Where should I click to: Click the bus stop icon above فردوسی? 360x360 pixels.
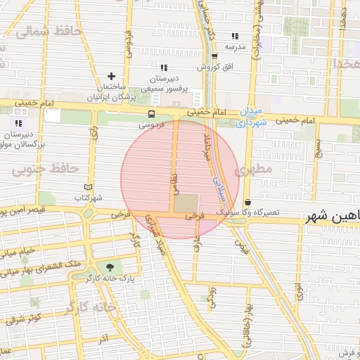152,114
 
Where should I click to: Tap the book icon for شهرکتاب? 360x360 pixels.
88,187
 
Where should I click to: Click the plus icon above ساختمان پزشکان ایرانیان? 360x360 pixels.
111,76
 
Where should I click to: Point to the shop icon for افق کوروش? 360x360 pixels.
214,57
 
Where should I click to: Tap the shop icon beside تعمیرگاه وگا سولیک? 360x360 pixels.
248,202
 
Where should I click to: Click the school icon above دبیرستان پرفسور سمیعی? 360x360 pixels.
164,67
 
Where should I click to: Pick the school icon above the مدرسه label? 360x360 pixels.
235,36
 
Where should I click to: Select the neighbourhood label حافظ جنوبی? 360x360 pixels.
44,169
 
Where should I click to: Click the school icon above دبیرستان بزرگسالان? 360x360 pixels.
18,123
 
